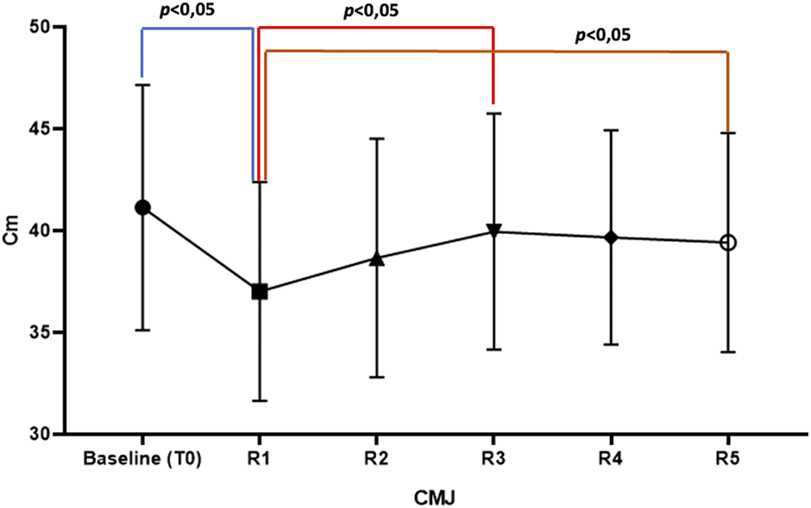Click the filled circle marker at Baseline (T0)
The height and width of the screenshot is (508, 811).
142,207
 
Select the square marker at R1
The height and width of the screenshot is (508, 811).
260,292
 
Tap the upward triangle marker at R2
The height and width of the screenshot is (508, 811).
377,258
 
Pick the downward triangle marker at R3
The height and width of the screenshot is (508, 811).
494,231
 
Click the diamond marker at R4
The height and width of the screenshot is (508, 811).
611,238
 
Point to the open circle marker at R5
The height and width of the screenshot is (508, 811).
728,242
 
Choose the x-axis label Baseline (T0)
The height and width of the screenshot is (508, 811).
142,458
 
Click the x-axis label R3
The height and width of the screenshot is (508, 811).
494,458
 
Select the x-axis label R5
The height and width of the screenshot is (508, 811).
728,458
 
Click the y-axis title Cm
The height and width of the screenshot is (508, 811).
11,231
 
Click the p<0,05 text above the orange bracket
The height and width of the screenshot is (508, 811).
602,35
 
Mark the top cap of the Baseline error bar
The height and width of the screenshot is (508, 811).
142,85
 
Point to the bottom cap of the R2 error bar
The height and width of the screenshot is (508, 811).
377,378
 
